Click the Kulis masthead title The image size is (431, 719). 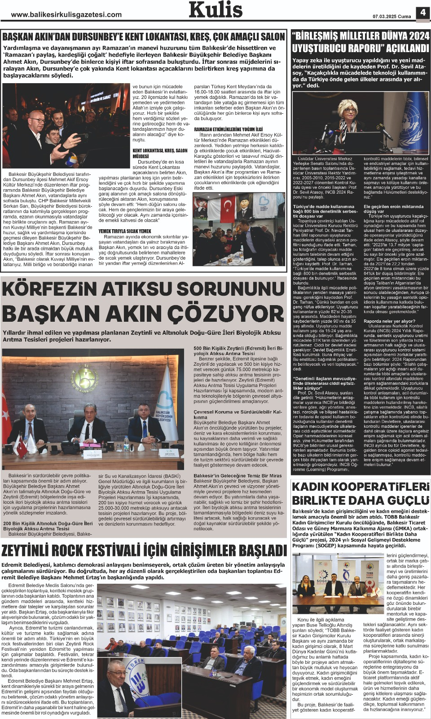215,10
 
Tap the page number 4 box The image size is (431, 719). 423,13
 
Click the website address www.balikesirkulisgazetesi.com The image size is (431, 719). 66,14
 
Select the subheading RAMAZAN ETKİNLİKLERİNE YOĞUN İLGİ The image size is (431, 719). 228,129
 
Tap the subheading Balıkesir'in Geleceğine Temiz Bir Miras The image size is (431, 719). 237,475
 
